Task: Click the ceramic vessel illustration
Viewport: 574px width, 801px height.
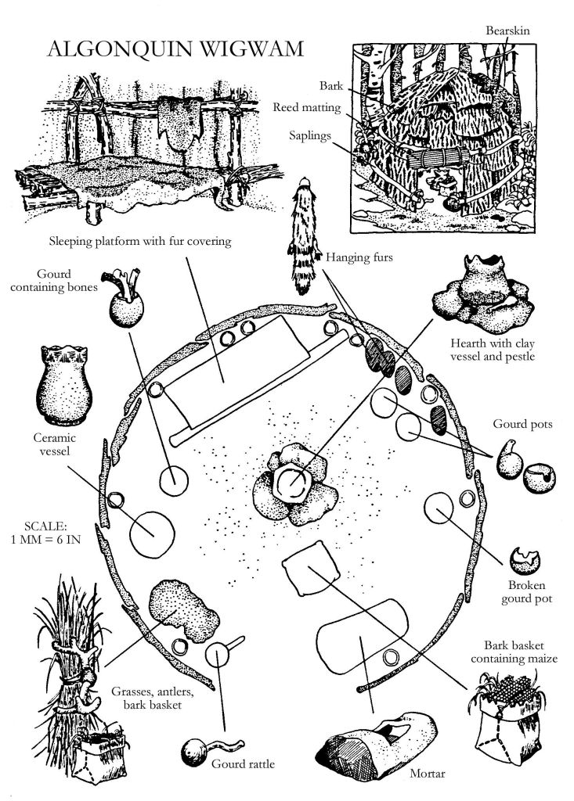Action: click(x=63, y=381)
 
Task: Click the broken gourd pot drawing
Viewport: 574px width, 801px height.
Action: click(x=522, y=561)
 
